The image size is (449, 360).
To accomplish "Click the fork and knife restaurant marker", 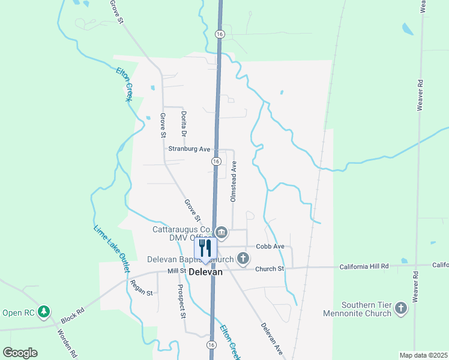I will pyautogui.click(x=205, y=248).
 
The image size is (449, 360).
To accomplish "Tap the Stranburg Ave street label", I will pyautogui.click(x=189, y=149).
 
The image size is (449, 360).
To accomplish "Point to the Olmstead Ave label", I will pyautogui.click(x=235, y=180).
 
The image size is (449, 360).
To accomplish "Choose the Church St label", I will pyautogui.click(x=269, y=269).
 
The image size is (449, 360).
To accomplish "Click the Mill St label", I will pyautogui.click(x=177, y=271).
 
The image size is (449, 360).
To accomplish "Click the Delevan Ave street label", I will pyautogui.click(x=271, y=338).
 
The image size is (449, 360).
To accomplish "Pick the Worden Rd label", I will pyautogui.click(x=67, y=343).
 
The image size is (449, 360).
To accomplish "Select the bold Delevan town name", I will pyautogui.click(x=206, y=272).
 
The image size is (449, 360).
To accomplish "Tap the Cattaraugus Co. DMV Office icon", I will pyautogui.click(x=221, y=232).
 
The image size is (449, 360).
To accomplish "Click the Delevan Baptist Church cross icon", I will pyautogui.click(x=243, y=259).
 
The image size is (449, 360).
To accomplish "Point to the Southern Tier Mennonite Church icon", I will pyautogui.click(x=401, y=309).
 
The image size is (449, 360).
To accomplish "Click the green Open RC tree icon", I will pyautogui.click(x=43, y=312).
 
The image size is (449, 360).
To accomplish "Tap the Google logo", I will pyautogui.click(x=20, y=353).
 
